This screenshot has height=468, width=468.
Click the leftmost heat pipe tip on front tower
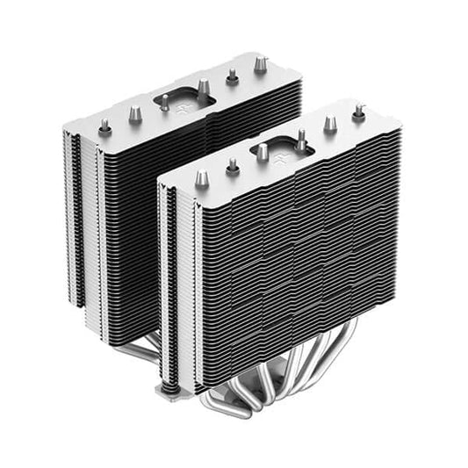(201, 177)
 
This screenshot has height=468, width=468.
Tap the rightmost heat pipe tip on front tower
(358, 113)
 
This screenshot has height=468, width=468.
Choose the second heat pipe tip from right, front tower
(329, 124)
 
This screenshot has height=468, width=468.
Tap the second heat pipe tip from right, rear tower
(232, 76)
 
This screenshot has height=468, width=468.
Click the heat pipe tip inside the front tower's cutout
(300, 138)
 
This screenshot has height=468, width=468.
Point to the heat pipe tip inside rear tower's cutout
(202, 87)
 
